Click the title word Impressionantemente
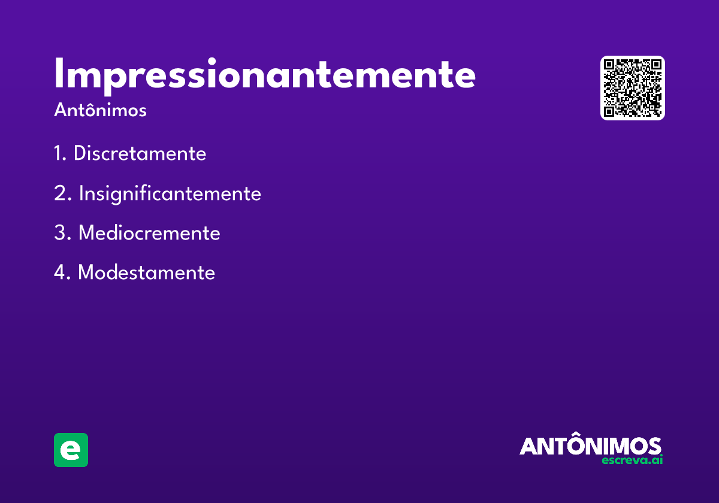pos(265,75)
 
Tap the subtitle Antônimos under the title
pos(100,111)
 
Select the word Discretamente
pos(140,154)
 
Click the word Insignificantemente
pos(170,194)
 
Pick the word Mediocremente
pos(149,233)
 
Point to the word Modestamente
pos(146,272)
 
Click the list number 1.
pos(59,154)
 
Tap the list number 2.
pos(61,194)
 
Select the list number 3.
pos(61,233)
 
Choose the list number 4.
pos(61,272)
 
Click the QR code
pos(633,88)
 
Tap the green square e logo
pos(71,450)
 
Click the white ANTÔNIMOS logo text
pos(590,446)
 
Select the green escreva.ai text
pos(632,460)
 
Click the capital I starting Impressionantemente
pos(59,75)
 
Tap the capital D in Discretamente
pos(80,154)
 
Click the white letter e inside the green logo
pos(71,450)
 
